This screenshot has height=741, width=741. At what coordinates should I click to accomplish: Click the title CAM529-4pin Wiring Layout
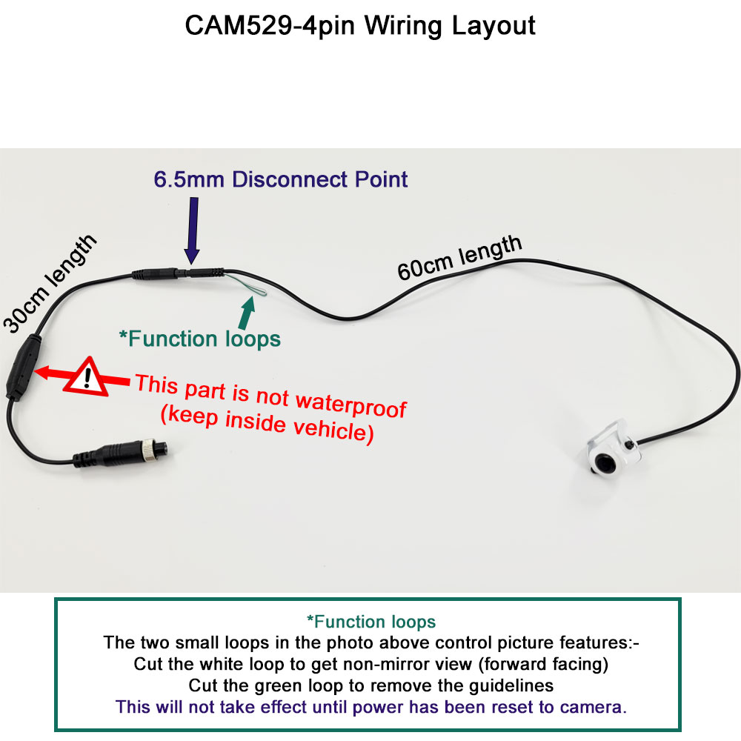point(359,26)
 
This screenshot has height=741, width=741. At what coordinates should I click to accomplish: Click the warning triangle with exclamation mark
point(87,377)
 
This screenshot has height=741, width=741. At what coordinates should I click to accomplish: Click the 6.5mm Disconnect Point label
point(281,179)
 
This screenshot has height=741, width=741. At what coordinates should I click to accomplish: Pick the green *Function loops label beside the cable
point(200,339)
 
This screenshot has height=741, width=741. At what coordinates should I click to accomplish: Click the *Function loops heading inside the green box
point(371,622)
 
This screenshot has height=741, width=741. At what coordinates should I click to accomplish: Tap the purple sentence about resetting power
point(371,706)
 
